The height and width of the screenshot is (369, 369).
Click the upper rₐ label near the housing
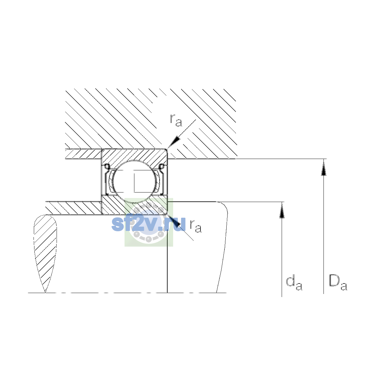[x=176, y=120]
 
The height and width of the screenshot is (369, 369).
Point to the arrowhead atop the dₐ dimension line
[x=282, y=210]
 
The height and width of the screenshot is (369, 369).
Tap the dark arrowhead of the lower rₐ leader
[x=174, y=220]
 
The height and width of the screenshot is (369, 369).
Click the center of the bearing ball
[x=135, y=181]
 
